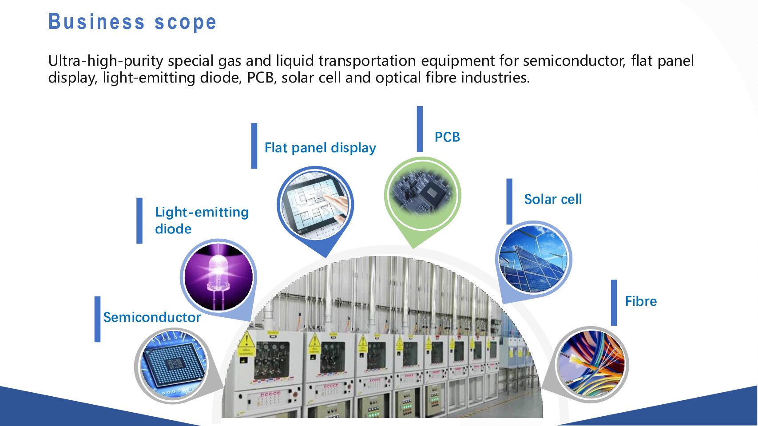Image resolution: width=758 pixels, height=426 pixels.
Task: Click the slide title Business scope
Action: tap(132, 22)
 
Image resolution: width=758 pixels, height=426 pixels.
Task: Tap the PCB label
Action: tap(447, 137)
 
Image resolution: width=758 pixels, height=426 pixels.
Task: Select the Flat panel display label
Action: tap(320, 148)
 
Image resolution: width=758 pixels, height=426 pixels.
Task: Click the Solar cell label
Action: tap(553, 199)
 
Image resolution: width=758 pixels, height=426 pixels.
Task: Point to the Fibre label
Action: tap(641, 301)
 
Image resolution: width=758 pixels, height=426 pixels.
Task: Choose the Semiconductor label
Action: tap(152, 317)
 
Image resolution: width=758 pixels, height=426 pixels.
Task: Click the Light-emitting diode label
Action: tap(202, 220)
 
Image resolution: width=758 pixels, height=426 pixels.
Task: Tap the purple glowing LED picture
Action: tap(218, 277)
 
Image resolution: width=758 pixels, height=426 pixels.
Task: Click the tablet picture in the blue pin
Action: tap(315, 204)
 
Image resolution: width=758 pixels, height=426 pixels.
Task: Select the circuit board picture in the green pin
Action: tap(422, 195)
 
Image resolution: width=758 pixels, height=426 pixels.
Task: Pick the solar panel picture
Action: tap(533, 259)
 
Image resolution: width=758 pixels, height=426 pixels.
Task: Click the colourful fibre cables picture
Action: tap(591, 364)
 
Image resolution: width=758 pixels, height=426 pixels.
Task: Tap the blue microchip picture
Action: tap(173, 364)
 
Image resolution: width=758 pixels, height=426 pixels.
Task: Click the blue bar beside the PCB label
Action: tap(420, 129)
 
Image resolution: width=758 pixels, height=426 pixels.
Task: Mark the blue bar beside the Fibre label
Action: tap(614, 303)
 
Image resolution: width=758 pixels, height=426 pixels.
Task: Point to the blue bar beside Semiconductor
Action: tap(97, 319)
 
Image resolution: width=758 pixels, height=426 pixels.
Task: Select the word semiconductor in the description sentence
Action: tap(574, 61)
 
